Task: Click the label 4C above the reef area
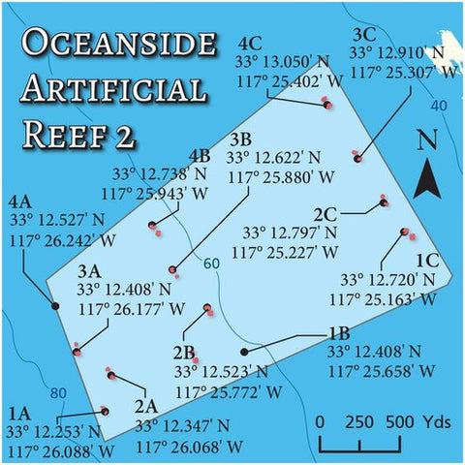click(x=249, y=44)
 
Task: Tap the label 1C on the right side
click(x=427, y=261)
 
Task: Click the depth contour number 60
click(x=211, y=263)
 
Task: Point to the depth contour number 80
click(x=58, y=393)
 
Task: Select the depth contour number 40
click(x=439, y=105)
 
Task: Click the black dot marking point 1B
click(x=243, y=352)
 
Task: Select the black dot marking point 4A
click(x=55, y=306)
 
